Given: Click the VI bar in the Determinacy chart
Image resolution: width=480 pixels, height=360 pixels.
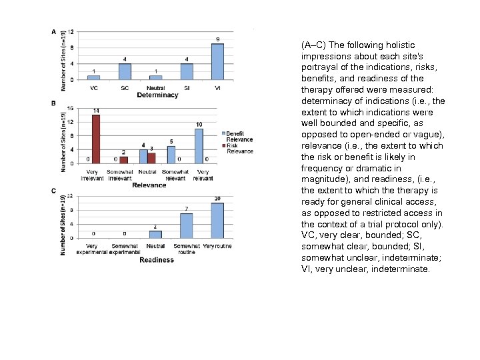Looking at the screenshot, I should tap(217, 62).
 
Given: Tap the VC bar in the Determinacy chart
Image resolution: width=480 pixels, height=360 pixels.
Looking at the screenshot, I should tap(94, 77).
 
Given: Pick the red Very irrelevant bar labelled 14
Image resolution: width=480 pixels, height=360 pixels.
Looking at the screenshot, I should tap(96, 139).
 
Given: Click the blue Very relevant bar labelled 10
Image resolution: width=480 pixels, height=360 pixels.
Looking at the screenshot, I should tap(199, 145).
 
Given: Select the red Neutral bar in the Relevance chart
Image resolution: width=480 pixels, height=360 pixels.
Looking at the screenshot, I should tap(152, 157).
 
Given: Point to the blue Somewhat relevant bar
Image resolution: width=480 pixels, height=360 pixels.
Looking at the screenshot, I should tap(171, 154).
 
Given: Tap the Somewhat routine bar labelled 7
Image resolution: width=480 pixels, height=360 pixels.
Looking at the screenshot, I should tap(187, 227).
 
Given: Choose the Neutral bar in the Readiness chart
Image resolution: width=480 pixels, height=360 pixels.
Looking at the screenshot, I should tap(155, 235).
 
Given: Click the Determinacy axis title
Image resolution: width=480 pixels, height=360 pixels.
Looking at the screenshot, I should tap(157, 95).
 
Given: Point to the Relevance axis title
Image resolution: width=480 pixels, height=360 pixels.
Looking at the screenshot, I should tap(149, 185).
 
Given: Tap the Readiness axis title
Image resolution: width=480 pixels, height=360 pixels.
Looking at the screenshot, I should tap(157, 260).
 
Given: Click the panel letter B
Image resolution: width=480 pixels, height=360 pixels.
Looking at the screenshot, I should tap(53, 103).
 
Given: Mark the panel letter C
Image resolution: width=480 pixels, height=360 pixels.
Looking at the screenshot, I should tap(53, 192).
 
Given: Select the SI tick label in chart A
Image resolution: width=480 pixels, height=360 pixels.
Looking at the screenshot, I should tap(187, 88).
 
